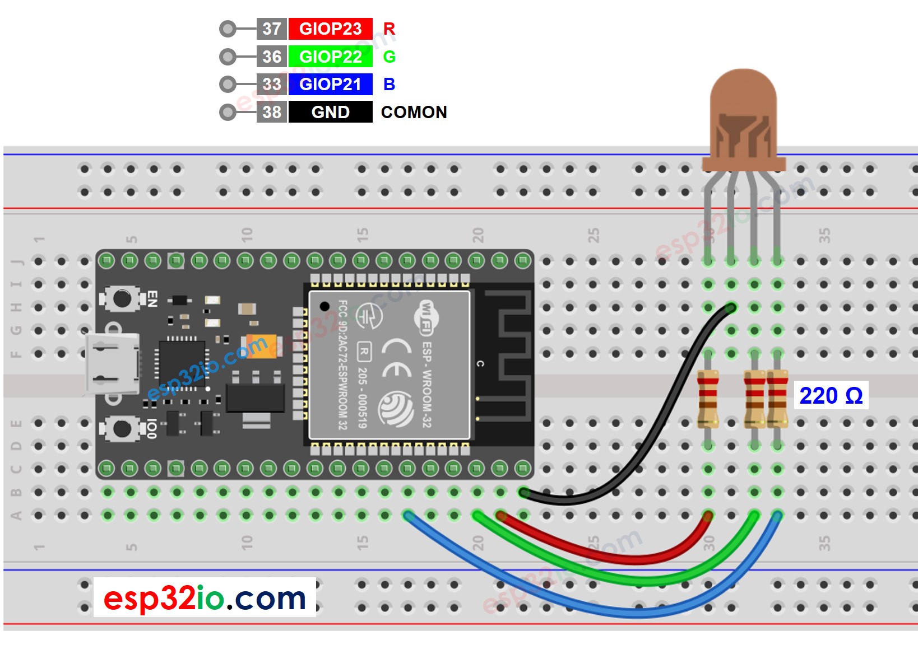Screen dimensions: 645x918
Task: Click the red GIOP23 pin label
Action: (330, 29)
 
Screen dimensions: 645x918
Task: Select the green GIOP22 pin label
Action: (330, 57)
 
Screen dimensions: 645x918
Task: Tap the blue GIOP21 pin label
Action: (330, 84)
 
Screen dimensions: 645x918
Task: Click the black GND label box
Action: (330, 112)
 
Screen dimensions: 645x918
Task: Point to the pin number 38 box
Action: (272, 112)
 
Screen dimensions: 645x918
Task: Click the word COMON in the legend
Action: (414, 112)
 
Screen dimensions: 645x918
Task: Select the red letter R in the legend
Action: (389, 29)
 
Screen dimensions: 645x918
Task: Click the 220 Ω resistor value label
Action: (831, 395)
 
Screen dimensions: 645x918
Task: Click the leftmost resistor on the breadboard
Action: (708, 399)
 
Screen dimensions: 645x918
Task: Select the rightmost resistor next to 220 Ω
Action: (777, 399)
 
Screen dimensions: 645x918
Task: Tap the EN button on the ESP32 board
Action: (122, 298)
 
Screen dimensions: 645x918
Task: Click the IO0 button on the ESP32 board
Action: (122, 429)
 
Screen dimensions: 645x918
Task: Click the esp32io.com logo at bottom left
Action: (205, 598)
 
